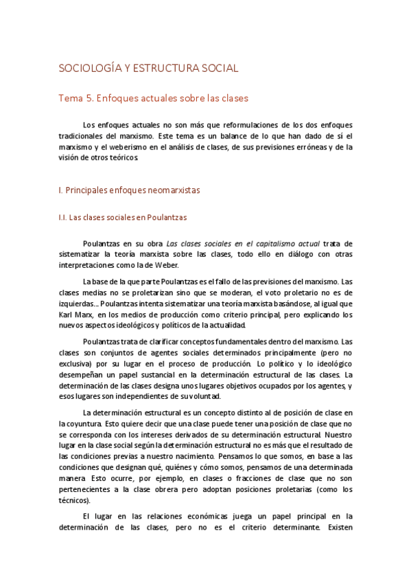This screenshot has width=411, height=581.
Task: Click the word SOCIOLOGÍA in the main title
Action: pos(85,69)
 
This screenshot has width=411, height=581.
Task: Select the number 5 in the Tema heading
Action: pos(89,98)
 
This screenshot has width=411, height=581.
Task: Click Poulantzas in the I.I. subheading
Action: pos(163,217)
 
